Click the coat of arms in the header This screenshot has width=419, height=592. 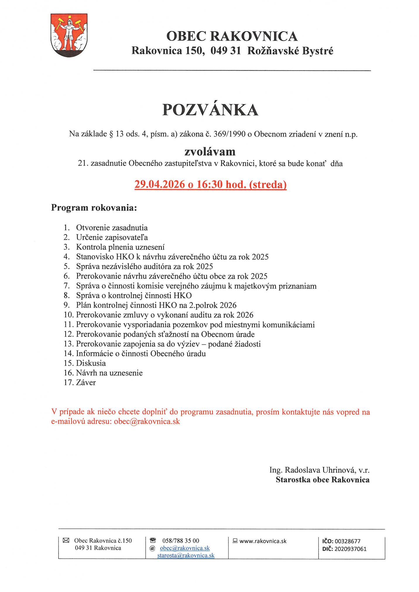pos(69,35)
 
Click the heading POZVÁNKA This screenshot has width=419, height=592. pos(210,110)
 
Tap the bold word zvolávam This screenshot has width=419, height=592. pos(210,152)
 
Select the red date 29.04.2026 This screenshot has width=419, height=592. pos(159,184)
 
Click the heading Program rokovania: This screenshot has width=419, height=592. pos(94,208)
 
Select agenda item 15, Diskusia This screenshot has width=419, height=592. pos(91,363)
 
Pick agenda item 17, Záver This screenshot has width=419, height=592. pos(86,383)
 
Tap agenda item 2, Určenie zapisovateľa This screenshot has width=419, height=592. pos(112,237)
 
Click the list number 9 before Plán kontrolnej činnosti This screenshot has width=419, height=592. pos(67,305)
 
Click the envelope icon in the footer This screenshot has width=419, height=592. pos(66,540)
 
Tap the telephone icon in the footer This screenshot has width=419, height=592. pos(153,540)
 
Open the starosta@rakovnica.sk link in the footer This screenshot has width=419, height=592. pos(186,555)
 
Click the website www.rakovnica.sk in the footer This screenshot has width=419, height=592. pos(263,541)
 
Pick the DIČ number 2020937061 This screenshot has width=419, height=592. pos(350,549)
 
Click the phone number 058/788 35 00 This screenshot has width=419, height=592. pos(181,541)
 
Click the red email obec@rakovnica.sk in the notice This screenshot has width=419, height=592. pos(147,421)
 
